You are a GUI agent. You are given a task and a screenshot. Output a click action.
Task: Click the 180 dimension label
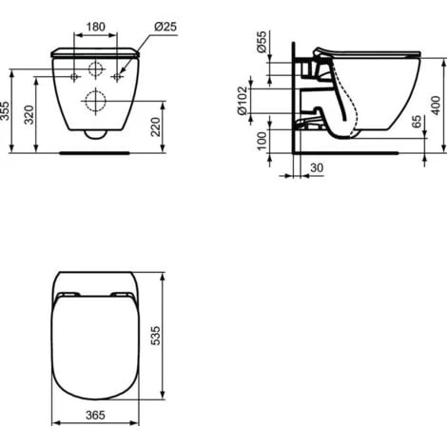click(95, 25)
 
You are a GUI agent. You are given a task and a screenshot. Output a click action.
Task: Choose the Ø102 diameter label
click(245, 100)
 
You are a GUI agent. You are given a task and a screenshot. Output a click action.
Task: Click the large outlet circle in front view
click(95, 101)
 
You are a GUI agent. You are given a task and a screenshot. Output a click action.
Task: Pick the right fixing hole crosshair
click(117, 74)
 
